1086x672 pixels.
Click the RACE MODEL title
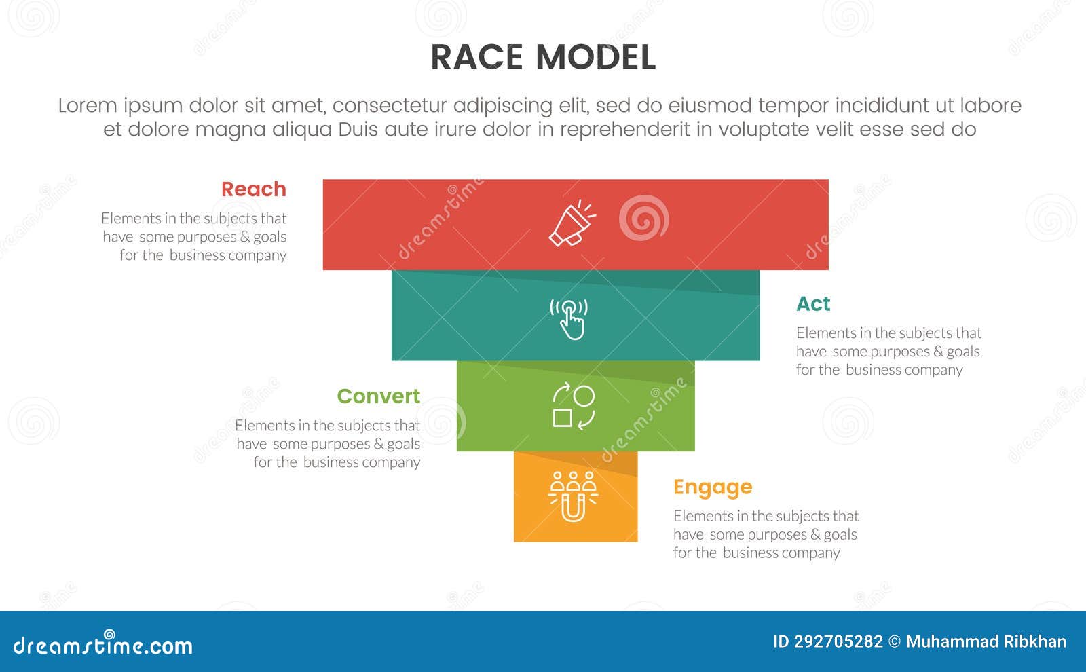pos(543,57)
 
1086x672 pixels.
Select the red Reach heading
pos(254,189)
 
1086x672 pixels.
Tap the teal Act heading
pos(813,304)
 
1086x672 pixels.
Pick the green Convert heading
pos(378,396)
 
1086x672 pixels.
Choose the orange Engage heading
pos(713,487)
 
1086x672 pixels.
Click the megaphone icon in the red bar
pos(572,223)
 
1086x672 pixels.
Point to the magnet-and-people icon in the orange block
pos(574,496)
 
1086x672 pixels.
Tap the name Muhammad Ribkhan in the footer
pos(986,642)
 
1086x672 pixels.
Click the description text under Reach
pos(194,237)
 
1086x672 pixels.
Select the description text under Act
pos(888,352)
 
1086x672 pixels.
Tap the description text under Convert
pos(328,444)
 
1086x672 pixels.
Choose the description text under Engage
pos(766,535)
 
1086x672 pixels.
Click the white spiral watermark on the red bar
pos(643,219)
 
